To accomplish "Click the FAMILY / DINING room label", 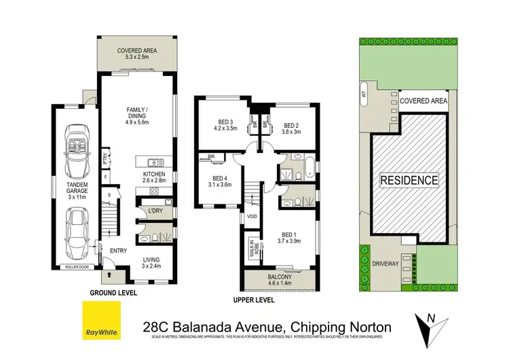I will tap(138, 113).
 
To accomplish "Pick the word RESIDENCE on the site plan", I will tap(409, 181).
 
